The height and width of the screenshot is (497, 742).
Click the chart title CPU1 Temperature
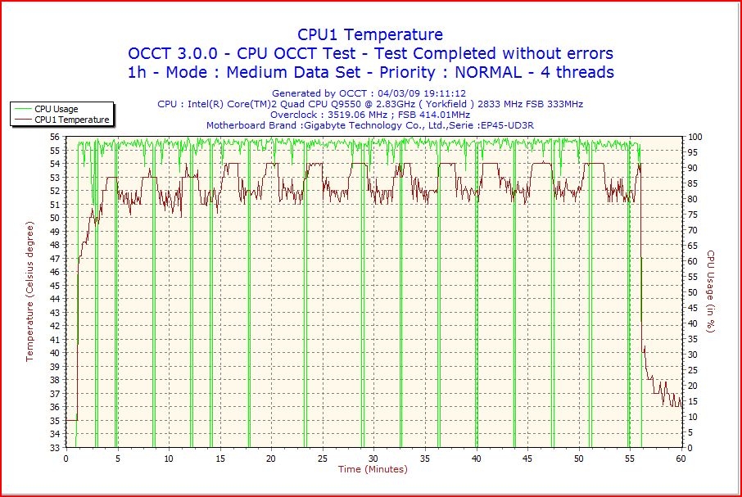point(369,34)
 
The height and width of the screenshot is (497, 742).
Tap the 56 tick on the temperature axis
point(55,137)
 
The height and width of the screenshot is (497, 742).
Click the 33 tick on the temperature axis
point(55,447)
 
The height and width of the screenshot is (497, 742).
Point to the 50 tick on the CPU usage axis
point(693,292)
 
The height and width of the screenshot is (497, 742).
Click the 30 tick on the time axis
point(374,459)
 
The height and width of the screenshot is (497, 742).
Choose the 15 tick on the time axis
point(220,459)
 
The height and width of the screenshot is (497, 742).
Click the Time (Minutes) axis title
point(373,469)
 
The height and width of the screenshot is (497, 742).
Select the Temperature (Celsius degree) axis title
point(30,291)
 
